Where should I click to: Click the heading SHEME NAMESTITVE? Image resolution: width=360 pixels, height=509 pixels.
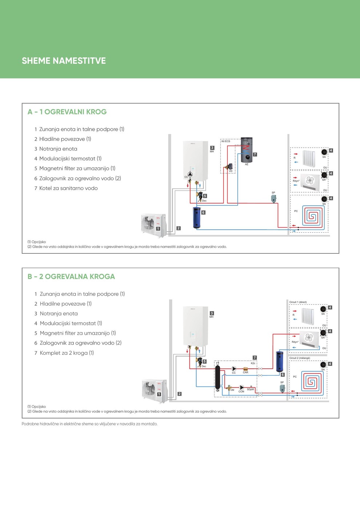[64, 61]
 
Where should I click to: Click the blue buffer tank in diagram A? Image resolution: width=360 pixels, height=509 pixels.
[196, 217]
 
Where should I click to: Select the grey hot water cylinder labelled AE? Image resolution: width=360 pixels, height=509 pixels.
[247, 150]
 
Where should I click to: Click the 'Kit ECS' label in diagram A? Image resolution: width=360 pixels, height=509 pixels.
[226, 141]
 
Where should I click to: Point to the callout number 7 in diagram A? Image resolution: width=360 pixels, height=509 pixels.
[255, 155]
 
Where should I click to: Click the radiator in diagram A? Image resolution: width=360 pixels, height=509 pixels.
[309, 158]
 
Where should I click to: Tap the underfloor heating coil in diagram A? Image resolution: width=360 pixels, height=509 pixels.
[312, 216]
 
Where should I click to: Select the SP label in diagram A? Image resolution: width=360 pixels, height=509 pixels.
[273, 193]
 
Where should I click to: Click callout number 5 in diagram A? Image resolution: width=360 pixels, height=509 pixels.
[205, 196]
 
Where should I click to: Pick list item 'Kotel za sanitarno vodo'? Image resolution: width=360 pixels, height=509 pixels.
[68, 188]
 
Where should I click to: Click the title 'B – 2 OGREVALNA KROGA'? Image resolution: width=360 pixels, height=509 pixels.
[71, 277]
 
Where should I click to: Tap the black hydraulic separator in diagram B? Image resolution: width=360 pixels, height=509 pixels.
[217, 377]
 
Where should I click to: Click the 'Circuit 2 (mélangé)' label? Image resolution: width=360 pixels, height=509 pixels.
[300, 358]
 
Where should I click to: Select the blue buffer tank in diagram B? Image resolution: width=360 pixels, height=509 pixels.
[279, 361]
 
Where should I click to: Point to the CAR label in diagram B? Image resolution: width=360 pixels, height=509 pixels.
[245, 372]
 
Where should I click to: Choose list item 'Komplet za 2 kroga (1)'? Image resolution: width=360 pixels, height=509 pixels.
[67, 353]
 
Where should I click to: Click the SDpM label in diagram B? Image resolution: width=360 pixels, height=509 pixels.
[250, 389]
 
